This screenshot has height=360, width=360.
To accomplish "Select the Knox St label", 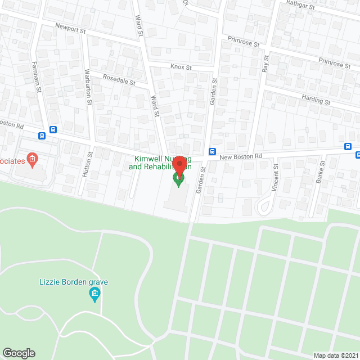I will click(181, 67).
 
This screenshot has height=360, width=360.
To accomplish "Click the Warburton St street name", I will click(88, 88).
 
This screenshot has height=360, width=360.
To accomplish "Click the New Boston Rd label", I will click(241, 156).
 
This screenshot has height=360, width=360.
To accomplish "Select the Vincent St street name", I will click(276, 177).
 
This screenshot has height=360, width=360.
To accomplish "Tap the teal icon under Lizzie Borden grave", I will click(94, 294).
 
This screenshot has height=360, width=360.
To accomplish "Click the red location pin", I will click(179, 166).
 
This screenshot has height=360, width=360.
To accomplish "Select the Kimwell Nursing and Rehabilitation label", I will click(160, 163).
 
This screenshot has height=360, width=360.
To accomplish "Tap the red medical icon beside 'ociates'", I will click(32, 159).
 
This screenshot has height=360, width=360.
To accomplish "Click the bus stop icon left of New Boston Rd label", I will click(212, 151).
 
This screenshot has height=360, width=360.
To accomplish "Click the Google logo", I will click(18, 353).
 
